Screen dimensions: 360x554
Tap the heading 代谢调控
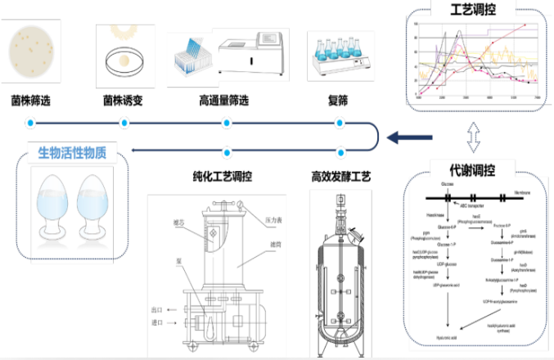474,170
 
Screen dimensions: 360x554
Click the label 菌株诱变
124,101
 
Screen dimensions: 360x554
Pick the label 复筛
338,101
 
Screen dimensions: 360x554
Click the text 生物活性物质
72,153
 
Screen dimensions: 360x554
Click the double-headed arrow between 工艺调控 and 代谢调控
473,136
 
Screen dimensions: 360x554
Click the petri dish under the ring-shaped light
124,60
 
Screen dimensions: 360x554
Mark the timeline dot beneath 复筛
339,124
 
